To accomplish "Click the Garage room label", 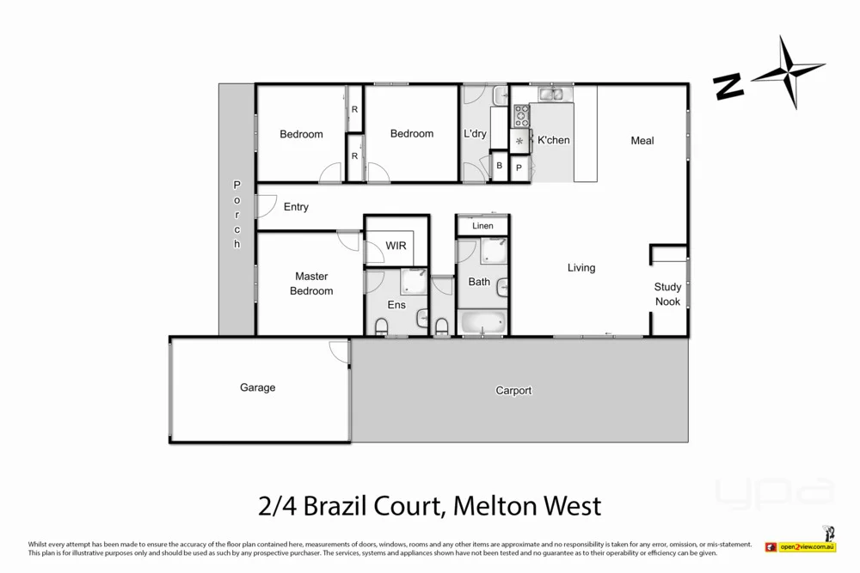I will click(x=257, y=387).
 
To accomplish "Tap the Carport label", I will click(x=513, y=390).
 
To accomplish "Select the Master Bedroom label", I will click(x=311, y=283).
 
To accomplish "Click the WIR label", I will click(x=396, y=246).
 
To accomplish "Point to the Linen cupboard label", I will click(x=482, y=226).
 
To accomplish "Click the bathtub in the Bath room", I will click(x=483, y=323).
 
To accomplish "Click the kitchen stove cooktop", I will click(x=521, y=115).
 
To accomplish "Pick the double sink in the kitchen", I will click(x=551, y=94).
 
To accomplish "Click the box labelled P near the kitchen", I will click(x=519, y=168).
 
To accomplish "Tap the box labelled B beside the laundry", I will click(x=500, y=166).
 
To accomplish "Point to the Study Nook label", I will click(x=667, y=294).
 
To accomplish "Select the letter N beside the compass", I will click(x=728, y=86).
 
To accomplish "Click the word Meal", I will click(x=642, y=141).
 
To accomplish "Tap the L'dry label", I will click(x=475, y=133).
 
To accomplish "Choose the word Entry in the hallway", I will click(x=296, y=207).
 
